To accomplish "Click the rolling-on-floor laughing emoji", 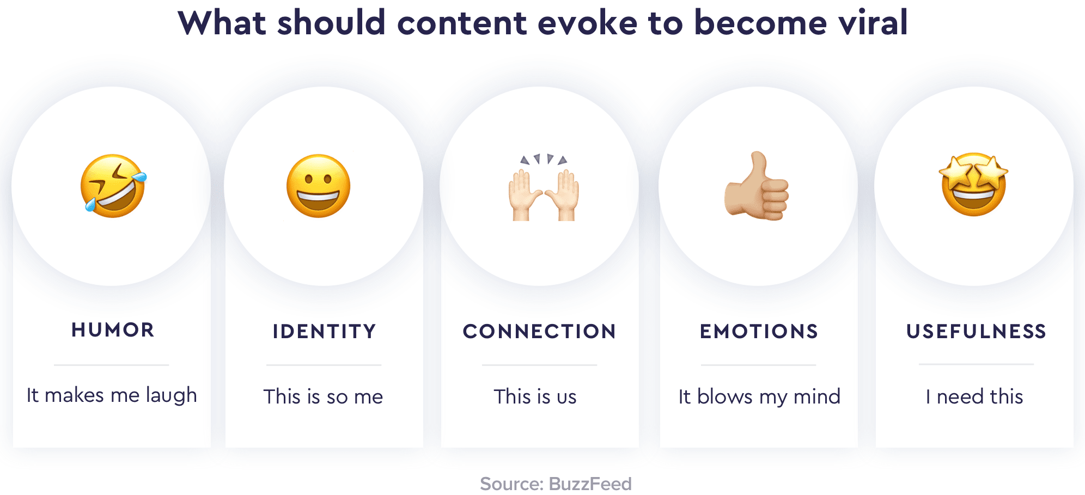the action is [x=113, y=186].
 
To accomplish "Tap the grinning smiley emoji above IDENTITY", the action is [x=319, y=186].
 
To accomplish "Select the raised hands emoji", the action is [x=544, y=187].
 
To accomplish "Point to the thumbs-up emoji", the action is [x=757, y=186].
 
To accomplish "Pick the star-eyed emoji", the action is [x=974, y=185].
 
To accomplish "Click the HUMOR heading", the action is [x=113, y=330].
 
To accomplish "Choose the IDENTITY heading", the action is [x=325, y=332].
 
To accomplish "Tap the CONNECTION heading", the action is [x=539, y=332].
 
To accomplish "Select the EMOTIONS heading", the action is [x=759, y=332].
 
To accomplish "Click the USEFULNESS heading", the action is [x=976, y=332].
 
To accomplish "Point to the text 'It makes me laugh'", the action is [x=112, y=395].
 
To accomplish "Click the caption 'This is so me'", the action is [x=324, y=396].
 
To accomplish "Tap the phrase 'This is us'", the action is [x=535, y=396].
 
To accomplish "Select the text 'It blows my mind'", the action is [x=759, y=397].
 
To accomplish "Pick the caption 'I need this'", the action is [x=974, y=396].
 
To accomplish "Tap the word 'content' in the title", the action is [x=462, y=24].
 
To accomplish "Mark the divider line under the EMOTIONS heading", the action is [x=758, y=365].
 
